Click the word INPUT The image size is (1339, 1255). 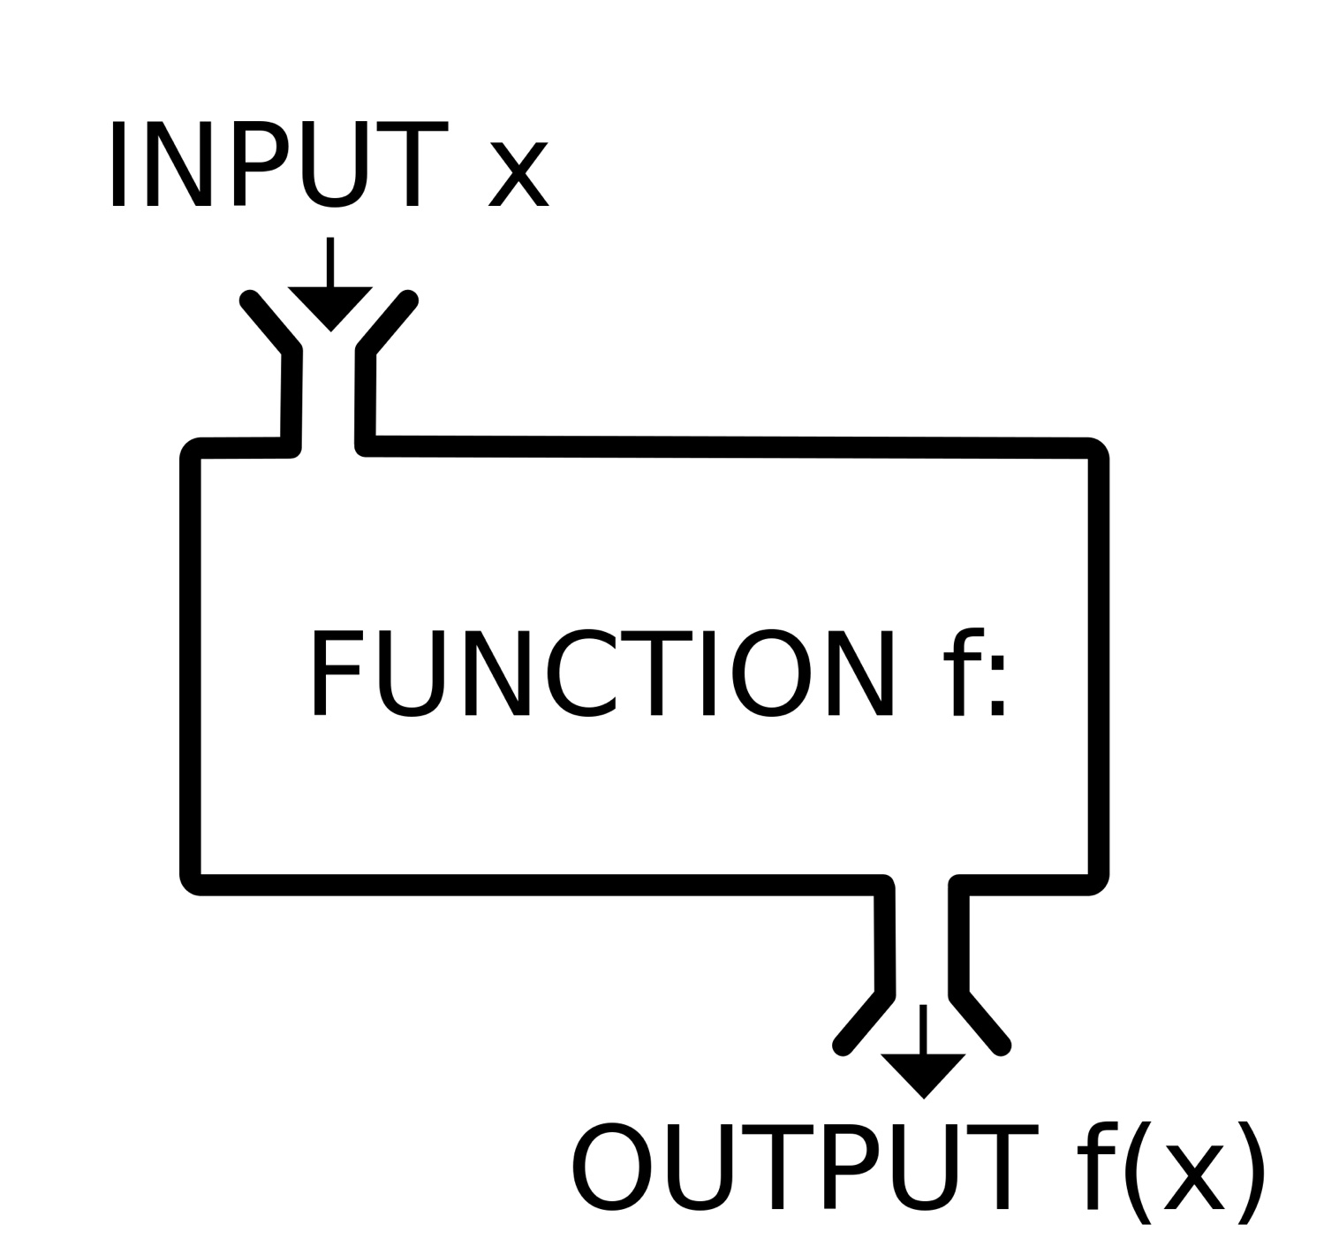coord(276,164)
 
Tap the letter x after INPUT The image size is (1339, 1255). coord(519,175)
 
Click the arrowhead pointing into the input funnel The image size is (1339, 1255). coord(329,307)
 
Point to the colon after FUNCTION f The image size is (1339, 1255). coord(997,688)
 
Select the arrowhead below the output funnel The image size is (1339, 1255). coord(923,1073)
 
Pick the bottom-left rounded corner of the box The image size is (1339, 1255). coord(193,882)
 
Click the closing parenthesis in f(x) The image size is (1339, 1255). coord(1252,1172)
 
